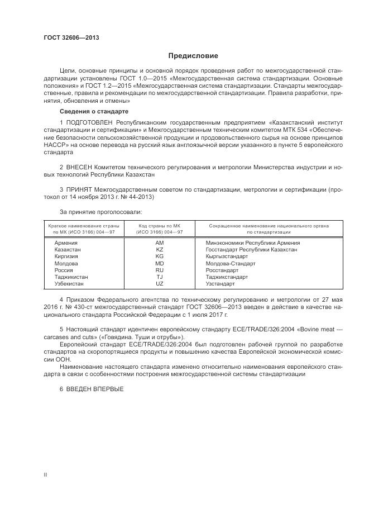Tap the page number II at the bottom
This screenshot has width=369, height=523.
45,474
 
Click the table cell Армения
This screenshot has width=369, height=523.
66,243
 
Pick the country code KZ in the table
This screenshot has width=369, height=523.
160,250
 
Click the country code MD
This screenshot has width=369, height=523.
160,263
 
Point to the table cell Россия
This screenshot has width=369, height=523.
64,270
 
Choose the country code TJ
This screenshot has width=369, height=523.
160,277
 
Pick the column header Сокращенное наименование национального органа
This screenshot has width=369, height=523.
269,226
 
